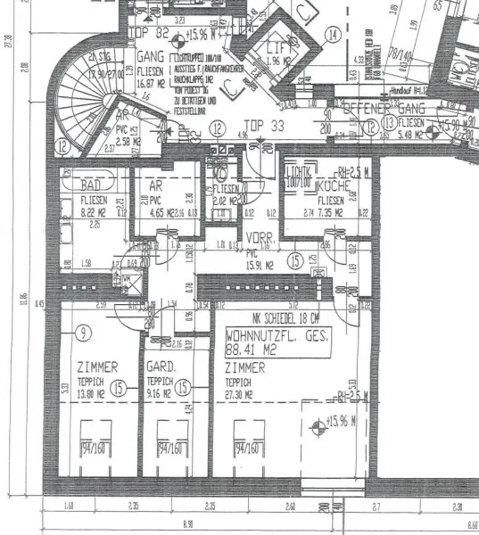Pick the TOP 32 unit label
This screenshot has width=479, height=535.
click(149, 32)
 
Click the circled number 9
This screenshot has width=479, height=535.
click(83, 333)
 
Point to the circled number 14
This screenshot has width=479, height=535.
click(333, 36)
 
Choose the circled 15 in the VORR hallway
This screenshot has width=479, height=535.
click(294, 261)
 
